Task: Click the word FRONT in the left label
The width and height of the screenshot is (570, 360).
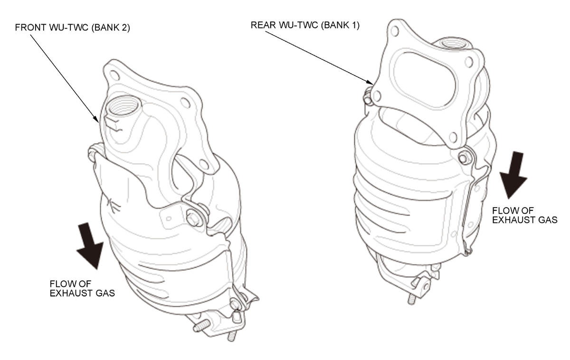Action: pos(31,28)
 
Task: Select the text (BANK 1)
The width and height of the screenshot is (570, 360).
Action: pos(340,25)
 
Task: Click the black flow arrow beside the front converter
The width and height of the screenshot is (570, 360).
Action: pos(89,245)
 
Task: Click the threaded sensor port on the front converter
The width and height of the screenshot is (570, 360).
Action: pos(123,105)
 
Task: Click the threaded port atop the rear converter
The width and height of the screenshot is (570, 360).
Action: pos(454,43)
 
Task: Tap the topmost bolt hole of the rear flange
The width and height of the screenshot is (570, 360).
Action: pos(395,31)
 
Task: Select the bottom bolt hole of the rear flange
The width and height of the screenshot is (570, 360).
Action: pos(453,137)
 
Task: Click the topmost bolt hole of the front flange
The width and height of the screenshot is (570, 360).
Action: pos(114,75)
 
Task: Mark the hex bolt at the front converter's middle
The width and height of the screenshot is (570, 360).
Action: pos(194,218)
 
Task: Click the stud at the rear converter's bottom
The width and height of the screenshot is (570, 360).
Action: pos(410,299)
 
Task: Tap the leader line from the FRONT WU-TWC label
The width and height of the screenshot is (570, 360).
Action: pos(65,79)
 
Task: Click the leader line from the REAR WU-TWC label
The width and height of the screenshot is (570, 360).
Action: pos(319,58)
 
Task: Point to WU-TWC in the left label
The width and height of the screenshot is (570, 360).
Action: pos(69,28)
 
